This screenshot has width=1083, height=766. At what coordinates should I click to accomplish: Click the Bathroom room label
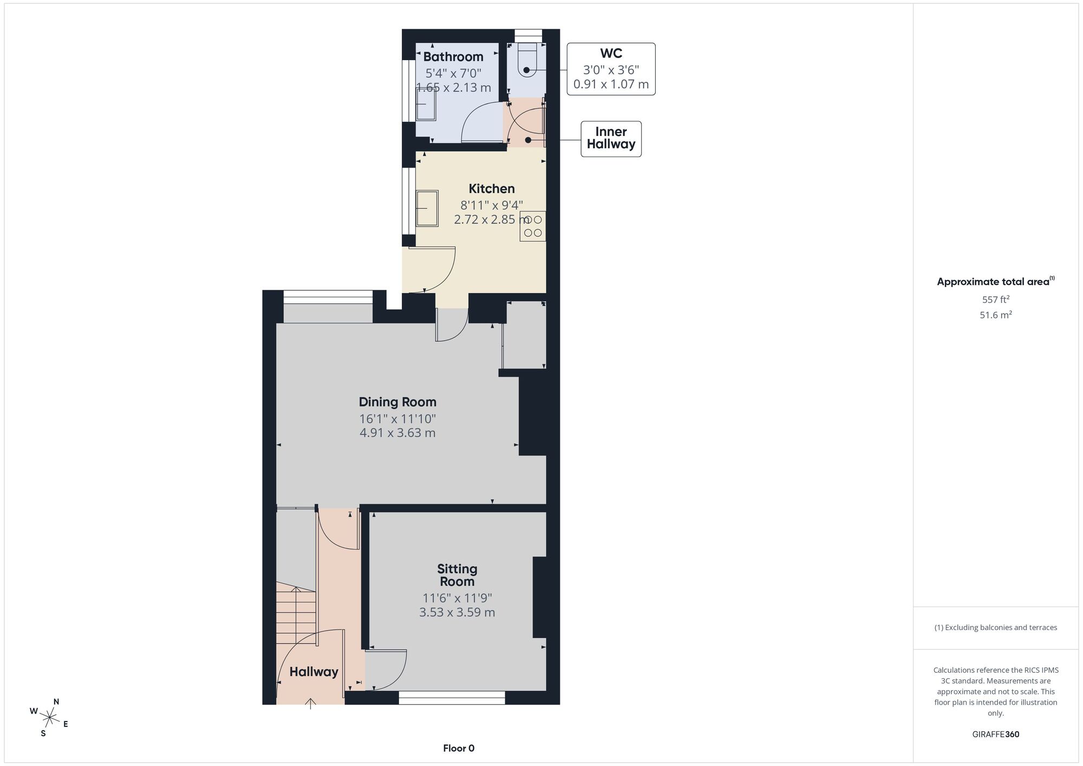(x=453, y=57)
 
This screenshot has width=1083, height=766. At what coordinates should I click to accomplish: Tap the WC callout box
(x=611, y=69)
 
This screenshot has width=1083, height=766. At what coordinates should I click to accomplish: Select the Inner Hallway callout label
(x=611, y=138)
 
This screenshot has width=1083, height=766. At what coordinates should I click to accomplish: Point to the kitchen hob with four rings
(x=532, y=226)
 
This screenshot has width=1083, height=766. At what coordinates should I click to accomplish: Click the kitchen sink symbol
(x=427, y=208)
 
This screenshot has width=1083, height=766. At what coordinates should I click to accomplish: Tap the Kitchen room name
(x=491, y=189)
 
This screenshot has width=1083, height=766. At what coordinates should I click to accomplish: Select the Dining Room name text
(x=397, y=402)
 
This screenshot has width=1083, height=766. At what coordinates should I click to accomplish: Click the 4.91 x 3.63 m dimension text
(x=397, y=433)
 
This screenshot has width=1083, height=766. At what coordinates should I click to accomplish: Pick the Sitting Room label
(x=457, y=575)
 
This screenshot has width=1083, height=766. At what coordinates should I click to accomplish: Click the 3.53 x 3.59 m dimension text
(x=457, y=612)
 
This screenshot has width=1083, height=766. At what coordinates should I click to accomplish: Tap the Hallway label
(x=314, y=672)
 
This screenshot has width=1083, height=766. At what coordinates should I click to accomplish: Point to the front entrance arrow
(x=310, y=704)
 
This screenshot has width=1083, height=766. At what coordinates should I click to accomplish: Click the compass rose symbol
(x=49, y=718)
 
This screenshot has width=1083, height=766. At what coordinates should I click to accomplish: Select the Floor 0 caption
(x=459, y=748)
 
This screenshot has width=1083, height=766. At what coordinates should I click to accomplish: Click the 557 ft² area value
(x=996, y=300)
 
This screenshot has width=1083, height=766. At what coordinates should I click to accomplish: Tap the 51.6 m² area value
(x=996, y=315)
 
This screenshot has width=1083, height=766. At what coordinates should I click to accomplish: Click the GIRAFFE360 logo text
(x=996, y=735)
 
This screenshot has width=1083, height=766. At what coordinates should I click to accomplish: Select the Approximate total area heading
(x=996, y=281)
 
